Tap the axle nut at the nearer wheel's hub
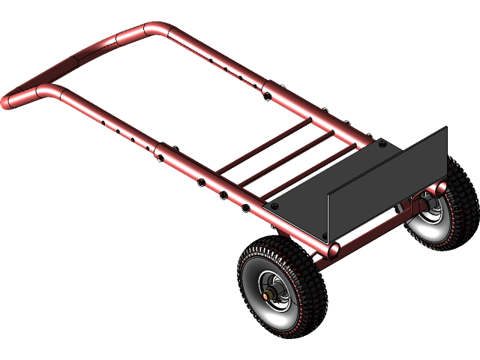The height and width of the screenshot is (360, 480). pyautogui.click(x=269, y=292)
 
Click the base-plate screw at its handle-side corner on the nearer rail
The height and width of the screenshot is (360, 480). pyautogui.click(x=274, y=206)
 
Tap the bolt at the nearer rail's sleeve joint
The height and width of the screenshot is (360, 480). pyautogui.click(x=160, y=157)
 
